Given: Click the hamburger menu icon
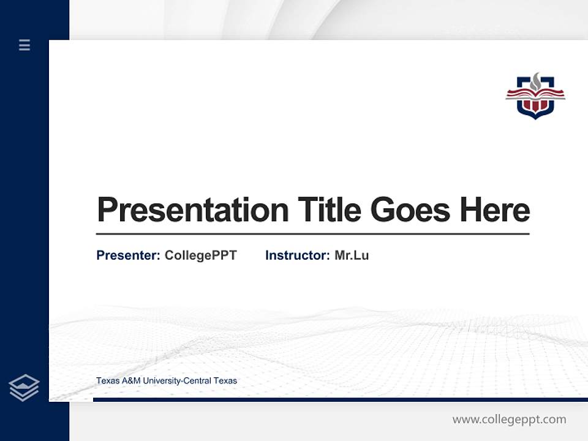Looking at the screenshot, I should pyautogui.click(x=24, y=45).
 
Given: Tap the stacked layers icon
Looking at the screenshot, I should pyautogui.click(x=24, y=388).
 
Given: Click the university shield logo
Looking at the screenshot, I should pyautogui.click(x=535, y=97).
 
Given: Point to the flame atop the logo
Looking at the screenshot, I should pyautogui.click(x=536, y=80).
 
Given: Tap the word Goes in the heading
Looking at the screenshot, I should pyautogui.click(x=411, y=210).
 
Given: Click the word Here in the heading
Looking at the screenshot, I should pyautogui.click(x=495, y=210).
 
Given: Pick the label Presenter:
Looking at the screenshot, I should pyautogui.click(x=128, y=255).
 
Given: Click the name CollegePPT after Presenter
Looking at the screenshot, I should pyautogui.click(x=200, y=255).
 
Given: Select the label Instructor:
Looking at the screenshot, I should pyautogui.click(x=297, y=255).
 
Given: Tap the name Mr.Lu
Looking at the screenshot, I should pyautogui.click(x=352, y=255).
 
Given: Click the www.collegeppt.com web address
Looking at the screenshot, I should pyautogui.click(x=509, y=420).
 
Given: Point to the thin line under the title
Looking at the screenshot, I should pyautogui.click(x=312, y=234).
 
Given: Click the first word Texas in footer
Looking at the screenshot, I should pyautogui.click(x=107, y=381).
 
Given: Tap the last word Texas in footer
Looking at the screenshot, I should pyautogui.click(x=225, y=381).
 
